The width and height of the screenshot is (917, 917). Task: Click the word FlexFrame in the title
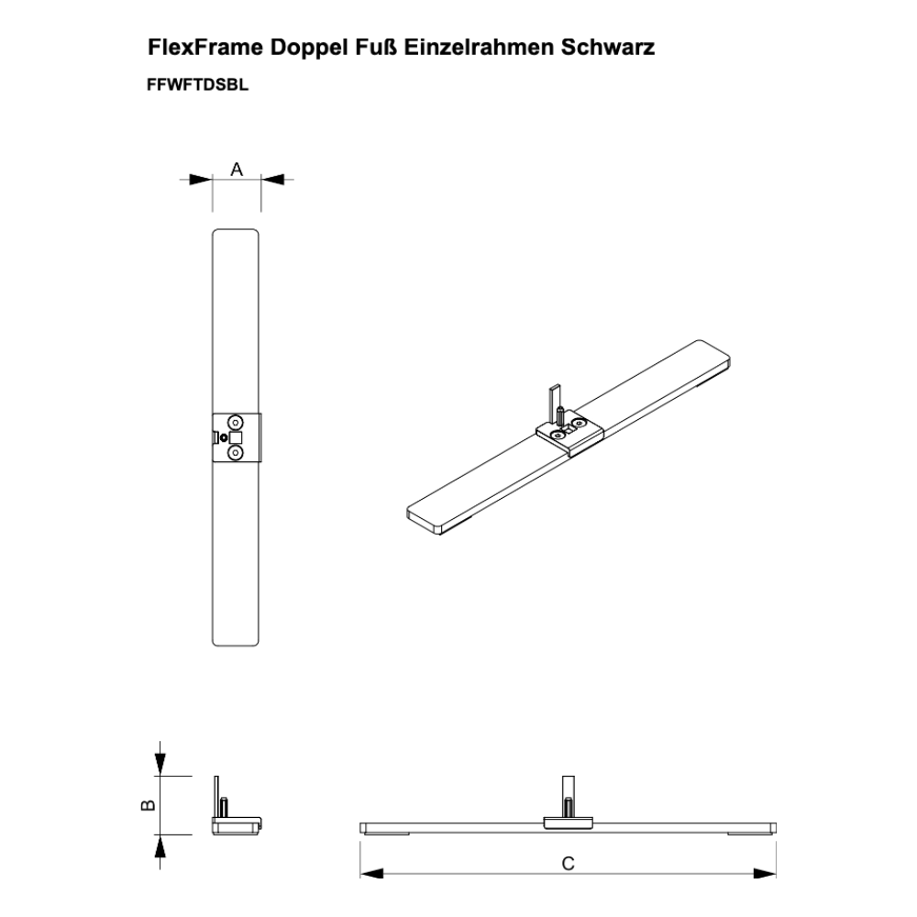205,48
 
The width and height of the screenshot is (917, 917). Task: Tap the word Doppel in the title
309,48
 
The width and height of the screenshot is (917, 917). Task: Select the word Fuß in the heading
375,48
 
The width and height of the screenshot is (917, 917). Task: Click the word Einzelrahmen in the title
479,48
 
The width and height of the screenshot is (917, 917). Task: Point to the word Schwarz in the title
608,48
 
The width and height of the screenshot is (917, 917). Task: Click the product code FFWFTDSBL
198,84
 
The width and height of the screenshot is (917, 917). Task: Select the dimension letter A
237,169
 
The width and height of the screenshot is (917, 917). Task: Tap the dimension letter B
149,805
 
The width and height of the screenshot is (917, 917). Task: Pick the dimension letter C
568,863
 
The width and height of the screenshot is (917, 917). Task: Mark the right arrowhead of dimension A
272,180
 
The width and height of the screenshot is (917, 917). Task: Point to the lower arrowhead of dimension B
160,846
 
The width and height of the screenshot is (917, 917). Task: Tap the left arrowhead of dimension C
372,873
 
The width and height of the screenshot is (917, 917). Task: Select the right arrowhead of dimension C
765,873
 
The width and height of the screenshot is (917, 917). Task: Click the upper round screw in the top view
236,422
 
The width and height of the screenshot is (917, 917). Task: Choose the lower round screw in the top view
236,453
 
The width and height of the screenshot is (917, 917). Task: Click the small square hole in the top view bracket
236,437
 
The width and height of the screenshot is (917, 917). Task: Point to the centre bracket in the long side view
569,823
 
